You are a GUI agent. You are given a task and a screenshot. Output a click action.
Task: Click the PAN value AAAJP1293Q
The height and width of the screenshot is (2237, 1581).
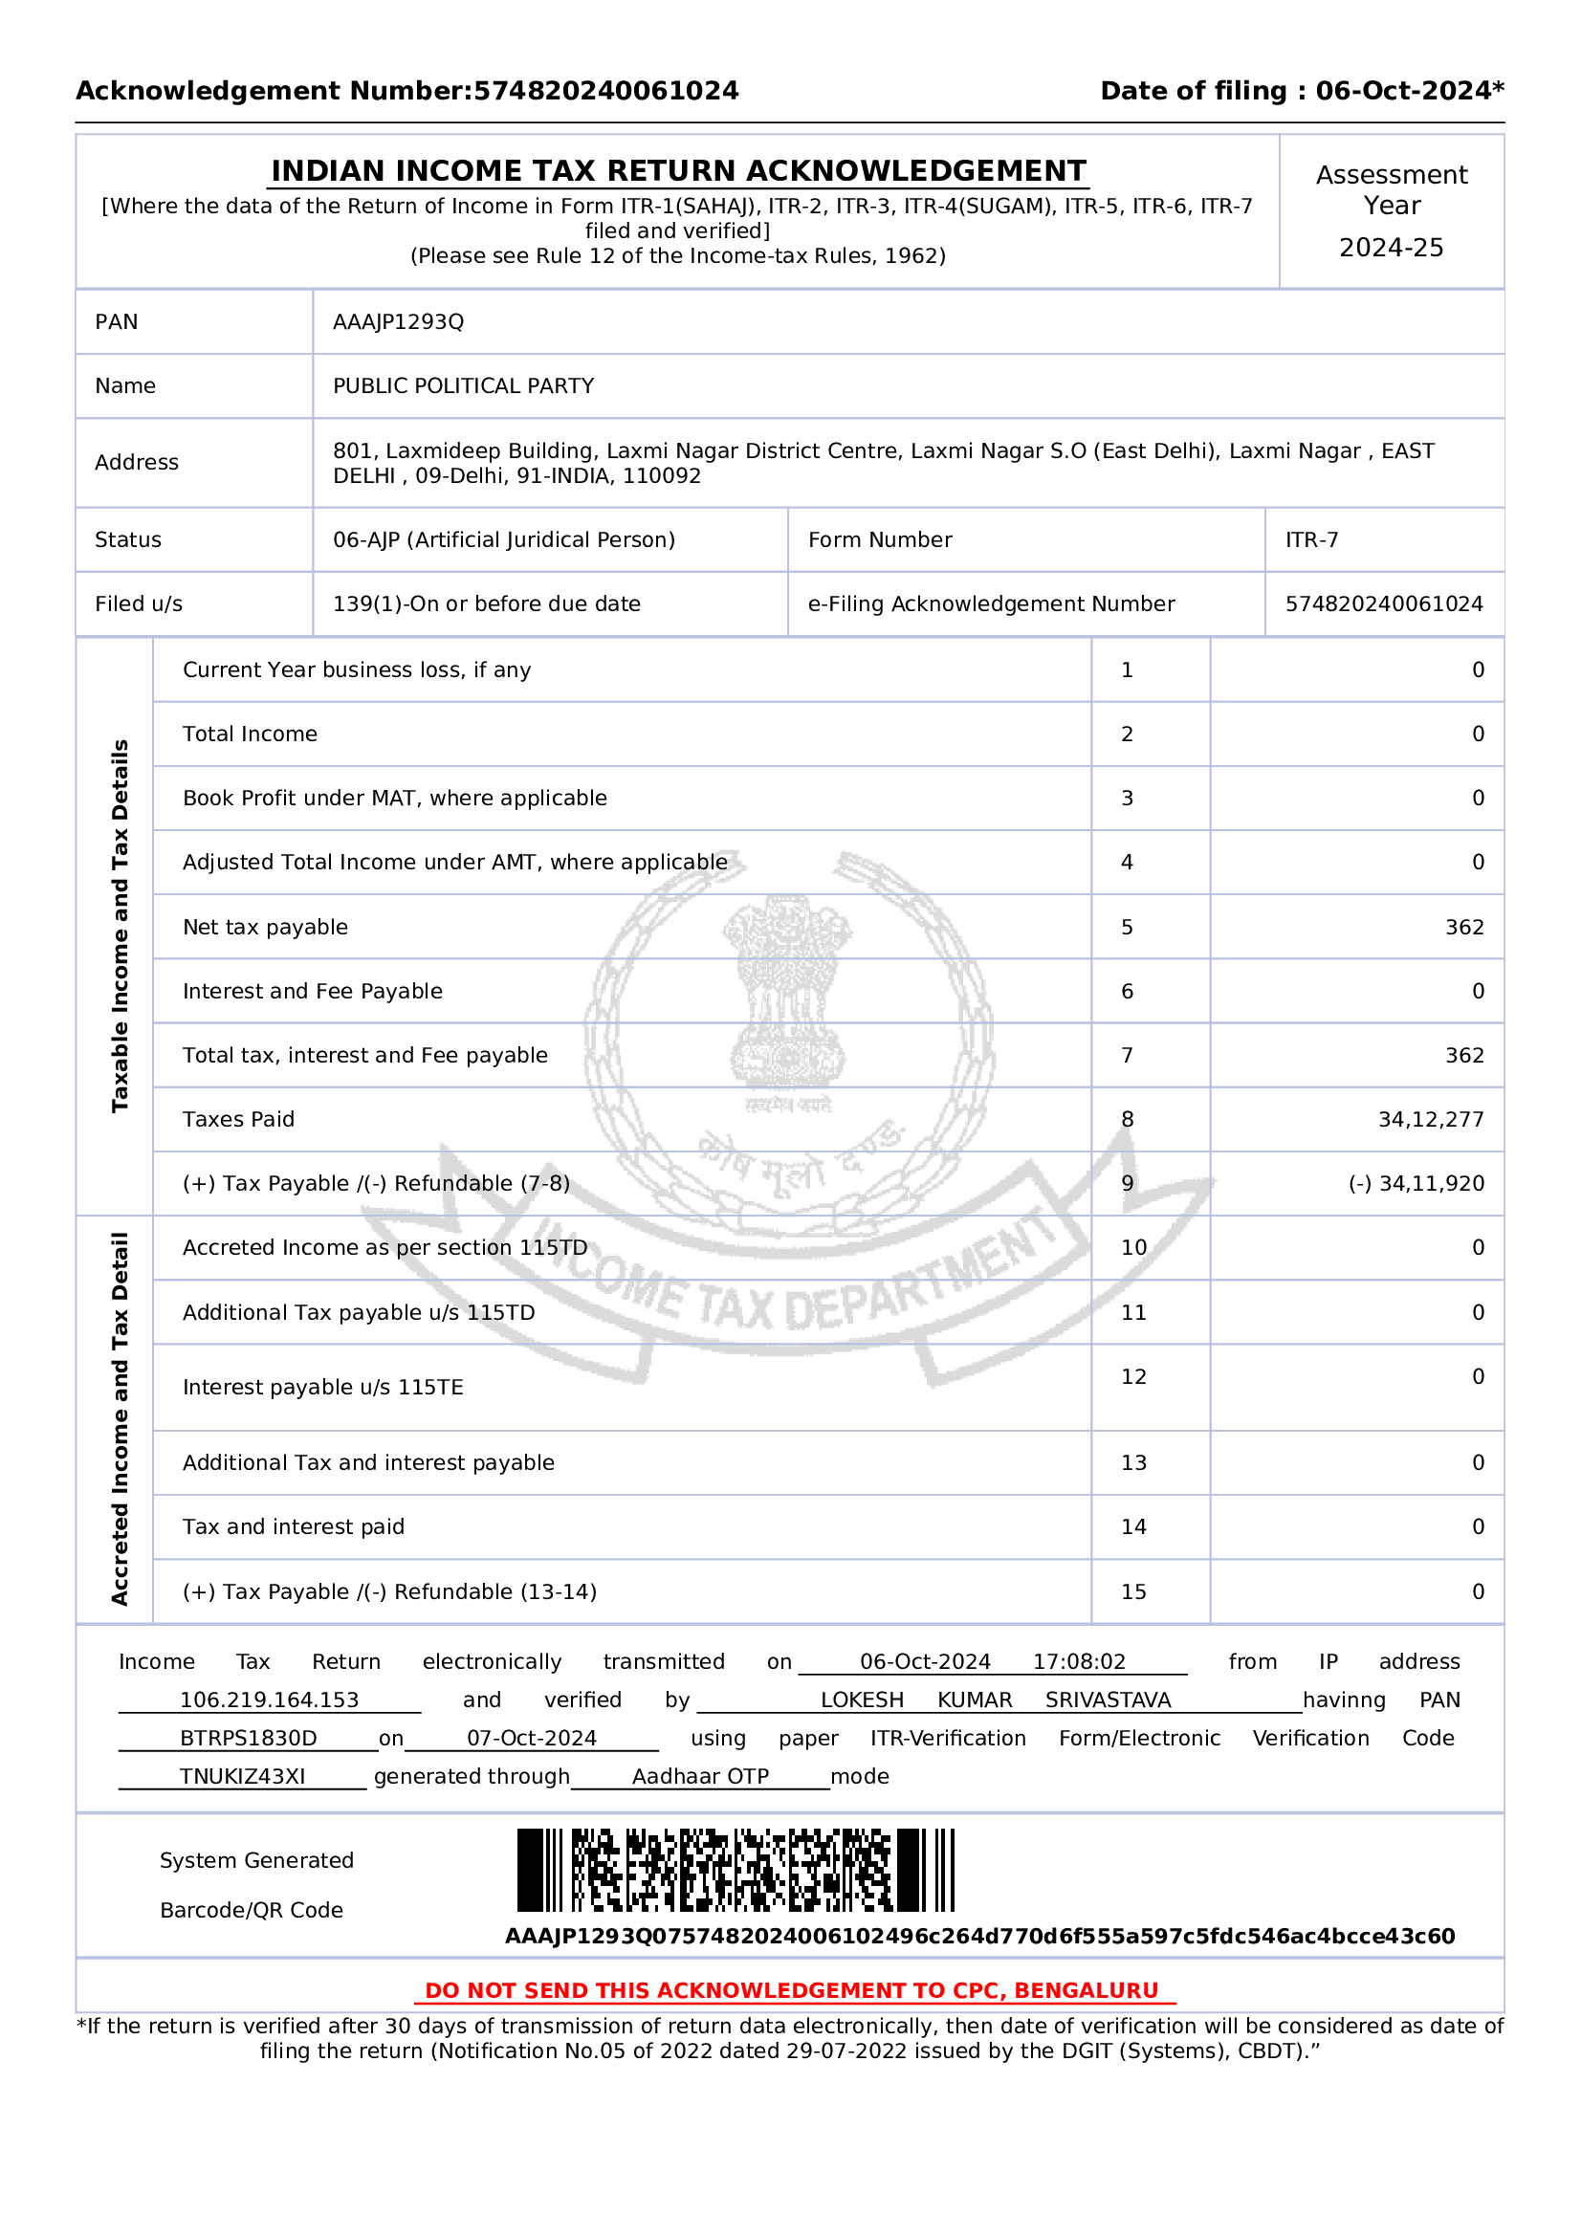[398, 321]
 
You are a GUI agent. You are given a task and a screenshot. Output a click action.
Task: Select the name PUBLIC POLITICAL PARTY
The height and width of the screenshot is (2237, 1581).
[463, 385]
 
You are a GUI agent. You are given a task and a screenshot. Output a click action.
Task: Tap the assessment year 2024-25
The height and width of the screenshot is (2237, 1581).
[1390, 248]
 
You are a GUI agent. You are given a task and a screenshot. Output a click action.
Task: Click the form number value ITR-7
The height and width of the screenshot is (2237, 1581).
[1311, 539]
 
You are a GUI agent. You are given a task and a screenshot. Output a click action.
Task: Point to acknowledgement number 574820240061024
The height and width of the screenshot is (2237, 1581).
[1383, 604]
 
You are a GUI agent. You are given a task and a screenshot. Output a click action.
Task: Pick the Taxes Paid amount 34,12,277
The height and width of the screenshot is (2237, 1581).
[1430, 1120]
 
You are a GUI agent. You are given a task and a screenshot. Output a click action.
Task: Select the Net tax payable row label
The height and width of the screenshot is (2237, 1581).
[265, 927]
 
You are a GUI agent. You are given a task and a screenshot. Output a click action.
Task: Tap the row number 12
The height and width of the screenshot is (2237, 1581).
[1132, 1376]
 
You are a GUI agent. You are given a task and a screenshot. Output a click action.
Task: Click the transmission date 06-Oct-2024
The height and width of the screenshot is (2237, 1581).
[925, 1661]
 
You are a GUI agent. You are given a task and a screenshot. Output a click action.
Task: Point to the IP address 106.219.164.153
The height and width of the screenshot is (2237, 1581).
[269, 1700]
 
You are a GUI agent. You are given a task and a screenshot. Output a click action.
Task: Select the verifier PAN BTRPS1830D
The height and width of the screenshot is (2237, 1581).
[249, 1738]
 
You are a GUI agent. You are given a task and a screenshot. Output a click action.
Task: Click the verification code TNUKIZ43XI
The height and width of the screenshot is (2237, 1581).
[242, 1776]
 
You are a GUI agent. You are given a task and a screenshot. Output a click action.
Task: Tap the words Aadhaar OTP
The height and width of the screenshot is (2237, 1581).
[700, 1776]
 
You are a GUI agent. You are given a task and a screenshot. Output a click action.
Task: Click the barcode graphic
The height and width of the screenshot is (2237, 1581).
[736, 1870]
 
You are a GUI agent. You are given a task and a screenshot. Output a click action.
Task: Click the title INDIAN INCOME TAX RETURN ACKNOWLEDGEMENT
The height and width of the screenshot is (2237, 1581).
[678, 170]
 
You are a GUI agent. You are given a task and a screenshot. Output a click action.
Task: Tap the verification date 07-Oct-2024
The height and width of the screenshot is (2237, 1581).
[531, 1738]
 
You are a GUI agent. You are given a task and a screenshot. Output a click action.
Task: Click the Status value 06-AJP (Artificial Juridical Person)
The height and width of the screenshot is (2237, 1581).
[504, 539]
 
